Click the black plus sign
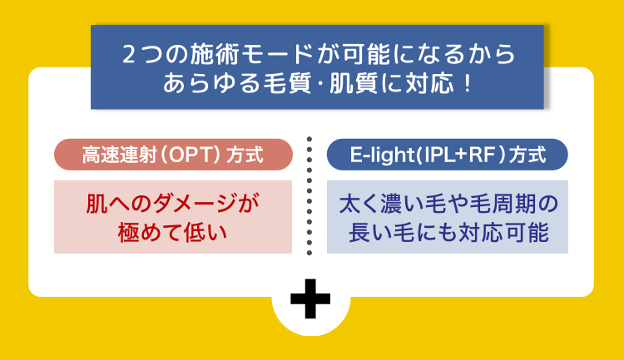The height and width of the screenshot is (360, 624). [310, 298]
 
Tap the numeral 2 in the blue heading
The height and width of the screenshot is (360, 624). [129, 55]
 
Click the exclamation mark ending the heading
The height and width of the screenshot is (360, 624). [468, 83]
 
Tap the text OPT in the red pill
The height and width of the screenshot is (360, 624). [192, 155]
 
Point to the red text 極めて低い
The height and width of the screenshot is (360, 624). [172, 232]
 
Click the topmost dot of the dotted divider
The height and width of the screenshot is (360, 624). [310, 139]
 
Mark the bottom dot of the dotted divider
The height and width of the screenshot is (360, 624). [310, 253]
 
